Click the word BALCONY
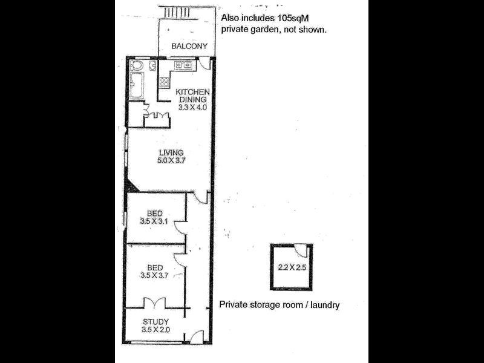pos(189,46)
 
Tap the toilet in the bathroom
pos(137,65)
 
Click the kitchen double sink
pos(183,65)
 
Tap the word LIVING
pos(171,152)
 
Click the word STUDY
pos(155,321)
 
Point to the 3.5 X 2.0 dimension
pos(155,330)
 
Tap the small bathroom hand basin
pos(152,65)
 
